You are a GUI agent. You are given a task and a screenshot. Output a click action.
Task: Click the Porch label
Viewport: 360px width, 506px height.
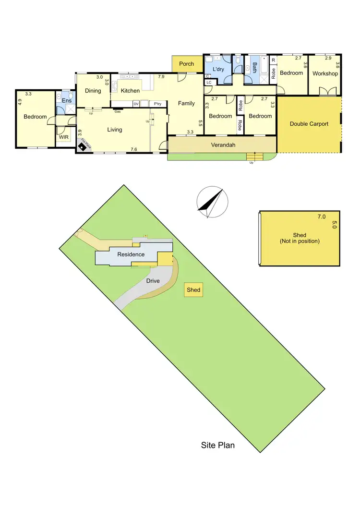coord(186,64)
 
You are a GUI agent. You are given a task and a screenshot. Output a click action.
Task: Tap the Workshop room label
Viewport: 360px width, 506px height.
coord(325,73)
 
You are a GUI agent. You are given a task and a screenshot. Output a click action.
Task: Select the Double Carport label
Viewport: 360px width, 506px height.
coord(309,124)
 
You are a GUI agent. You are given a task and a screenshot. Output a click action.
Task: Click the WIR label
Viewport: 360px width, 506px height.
coord(64,137)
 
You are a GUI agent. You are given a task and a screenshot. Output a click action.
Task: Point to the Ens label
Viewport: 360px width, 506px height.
coord(67,100)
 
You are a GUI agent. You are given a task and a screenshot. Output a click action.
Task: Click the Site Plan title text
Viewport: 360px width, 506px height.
coord(217,445)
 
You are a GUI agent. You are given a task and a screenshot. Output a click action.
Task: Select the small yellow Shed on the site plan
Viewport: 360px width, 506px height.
coord(193,290)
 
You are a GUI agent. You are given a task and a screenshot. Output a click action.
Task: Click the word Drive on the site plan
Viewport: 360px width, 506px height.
coord(153,281)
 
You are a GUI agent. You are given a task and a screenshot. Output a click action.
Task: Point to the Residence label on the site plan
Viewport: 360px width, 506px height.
coord(131,254)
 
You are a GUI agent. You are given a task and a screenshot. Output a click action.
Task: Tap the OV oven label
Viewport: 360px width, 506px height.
coord(136,104)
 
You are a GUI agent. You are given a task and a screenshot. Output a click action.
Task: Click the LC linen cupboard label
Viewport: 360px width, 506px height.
coord(209,83)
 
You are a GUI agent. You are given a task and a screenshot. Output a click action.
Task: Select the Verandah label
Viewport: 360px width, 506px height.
coord(222,144)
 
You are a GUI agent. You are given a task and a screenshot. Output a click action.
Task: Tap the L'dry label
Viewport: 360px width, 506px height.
coord(218,70)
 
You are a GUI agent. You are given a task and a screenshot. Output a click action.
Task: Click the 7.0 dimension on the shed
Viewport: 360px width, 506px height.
coord(321,217)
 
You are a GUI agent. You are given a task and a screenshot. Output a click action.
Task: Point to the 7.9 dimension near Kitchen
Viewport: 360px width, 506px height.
coord(161,77)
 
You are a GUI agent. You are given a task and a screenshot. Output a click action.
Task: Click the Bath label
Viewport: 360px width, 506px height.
coord(255,67)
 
